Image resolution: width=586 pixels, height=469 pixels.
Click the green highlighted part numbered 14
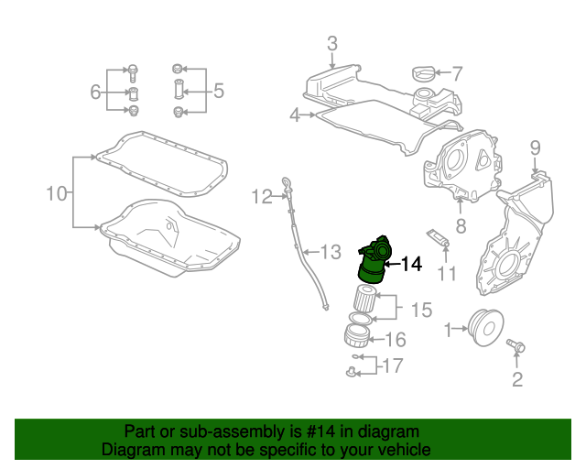coord(374,262)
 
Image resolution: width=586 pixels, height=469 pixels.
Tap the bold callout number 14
coord(411,264)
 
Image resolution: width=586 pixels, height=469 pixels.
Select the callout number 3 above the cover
coord(332,44)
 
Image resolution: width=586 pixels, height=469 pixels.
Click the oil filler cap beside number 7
coord(423,72)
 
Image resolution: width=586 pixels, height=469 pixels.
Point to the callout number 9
coord(535,147)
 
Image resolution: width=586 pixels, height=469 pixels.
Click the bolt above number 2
coord(515,344)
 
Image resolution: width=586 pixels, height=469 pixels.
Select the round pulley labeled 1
coord(486,328)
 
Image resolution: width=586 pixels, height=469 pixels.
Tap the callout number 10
coord(57,193)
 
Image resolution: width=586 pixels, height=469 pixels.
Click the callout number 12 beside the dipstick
coord(262,197)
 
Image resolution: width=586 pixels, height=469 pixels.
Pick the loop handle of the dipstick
coord(286,183)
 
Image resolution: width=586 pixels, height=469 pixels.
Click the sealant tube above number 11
coord(438,238)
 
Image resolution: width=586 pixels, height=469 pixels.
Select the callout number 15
coord(421,310)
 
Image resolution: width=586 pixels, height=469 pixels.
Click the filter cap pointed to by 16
coord(357,335)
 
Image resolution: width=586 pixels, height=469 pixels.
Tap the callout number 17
coord(393,365)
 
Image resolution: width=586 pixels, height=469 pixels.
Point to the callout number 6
coord(95,92)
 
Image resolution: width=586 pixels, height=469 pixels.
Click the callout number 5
coord(219,91)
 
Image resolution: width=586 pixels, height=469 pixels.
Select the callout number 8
coord(461,225)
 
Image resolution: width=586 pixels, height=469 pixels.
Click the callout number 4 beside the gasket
coord(295,115)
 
